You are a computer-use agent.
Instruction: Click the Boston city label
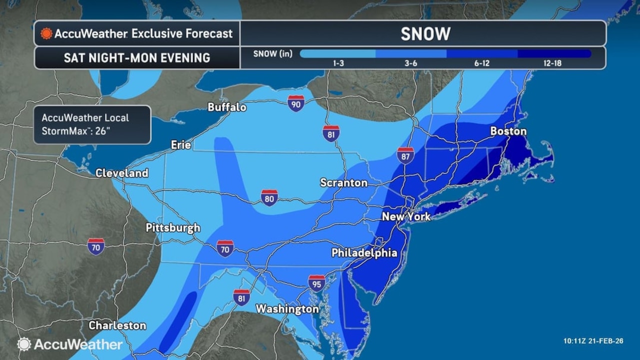508,131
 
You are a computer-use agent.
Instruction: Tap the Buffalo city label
227,107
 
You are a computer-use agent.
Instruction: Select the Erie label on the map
181,145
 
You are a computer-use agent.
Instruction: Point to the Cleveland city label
121,173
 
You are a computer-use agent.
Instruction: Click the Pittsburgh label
173,228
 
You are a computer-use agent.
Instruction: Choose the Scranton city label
344,183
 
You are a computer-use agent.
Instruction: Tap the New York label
406,217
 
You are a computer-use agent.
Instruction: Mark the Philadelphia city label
364,253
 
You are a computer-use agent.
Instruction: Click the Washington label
287,309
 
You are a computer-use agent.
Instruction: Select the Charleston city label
117,325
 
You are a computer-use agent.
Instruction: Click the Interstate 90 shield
296,103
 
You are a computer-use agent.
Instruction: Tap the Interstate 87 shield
405,155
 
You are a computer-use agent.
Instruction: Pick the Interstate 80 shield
269,198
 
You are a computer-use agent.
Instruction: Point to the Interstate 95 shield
316,283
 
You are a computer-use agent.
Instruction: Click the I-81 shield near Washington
241,297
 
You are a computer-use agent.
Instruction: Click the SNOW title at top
425,34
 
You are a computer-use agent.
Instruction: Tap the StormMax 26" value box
92,124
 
